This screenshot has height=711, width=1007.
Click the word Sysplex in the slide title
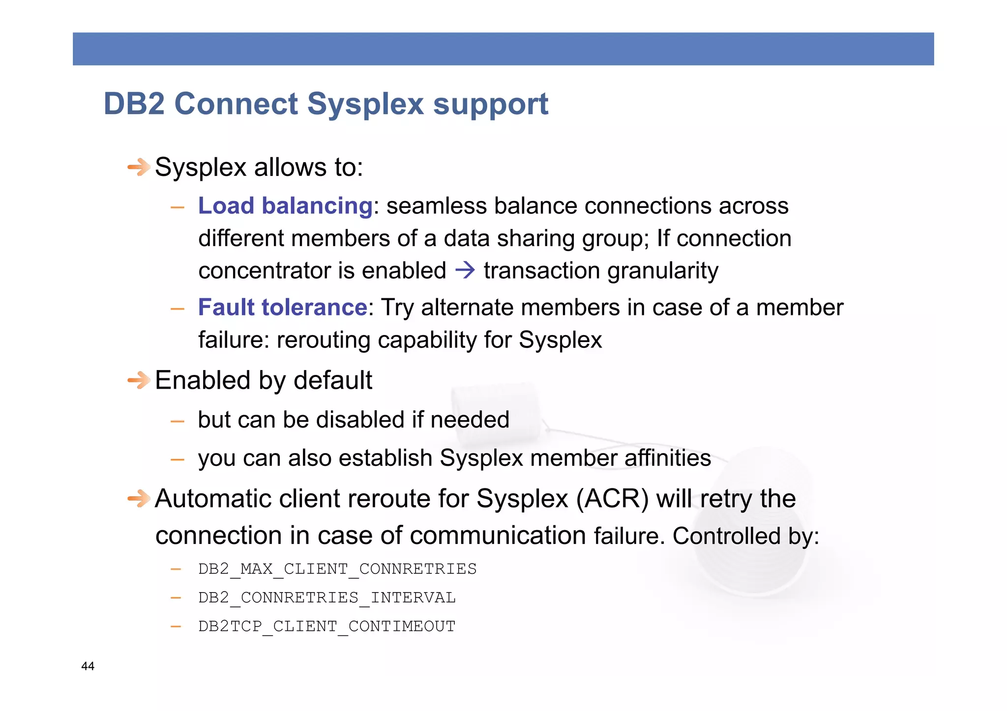365,105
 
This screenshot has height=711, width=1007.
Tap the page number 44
88,666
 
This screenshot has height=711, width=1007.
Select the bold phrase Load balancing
285,205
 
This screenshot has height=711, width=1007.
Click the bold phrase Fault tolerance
283,307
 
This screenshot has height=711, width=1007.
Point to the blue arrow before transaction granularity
465,270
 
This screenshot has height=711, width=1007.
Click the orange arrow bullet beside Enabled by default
139,380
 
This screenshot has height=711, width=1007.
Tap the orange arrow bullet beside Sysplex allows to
139,167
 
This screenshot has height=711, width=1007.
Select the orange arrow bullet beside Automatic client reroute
139,498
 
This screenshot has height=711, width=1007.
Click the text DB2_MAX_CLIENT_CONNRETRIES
337,569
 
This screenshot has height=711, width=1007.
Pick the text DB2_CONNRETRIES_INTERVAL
327,597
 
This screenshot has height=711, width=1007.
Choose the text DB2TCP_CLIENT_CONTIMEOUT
327,626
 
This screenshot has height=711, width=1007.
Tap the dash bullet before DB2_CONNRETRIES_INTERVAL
176,598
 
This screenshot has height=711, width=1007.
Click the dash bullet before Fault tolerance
177,309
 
